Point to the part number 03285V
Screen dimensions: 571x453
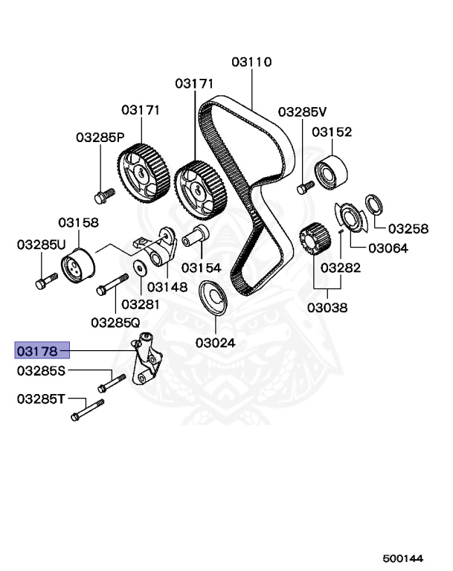303,112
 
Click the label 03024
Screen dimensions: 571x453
216,343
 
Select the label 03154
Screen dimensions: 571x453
202,267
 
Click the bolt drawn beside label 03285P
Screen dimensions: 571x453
102,195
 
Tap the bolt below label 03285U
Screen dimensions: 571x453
42,282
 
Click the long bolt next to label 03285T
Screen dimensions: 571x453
87,410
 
